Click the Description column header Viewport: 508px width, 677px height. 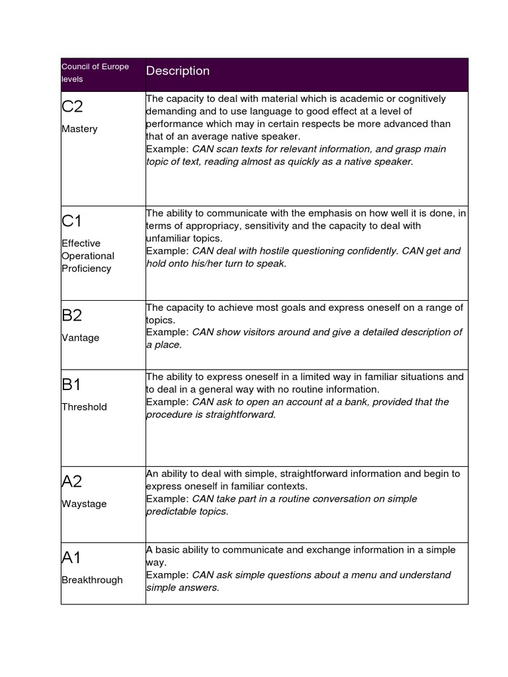(177, 71)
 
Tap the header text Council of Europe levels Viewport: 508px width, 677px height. (95, 73)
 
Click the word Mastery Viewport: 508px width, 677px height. (79, 129)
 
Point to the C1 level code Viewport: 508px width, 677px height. (72, 221)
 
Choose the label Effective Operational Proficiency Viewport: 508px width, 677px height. (87, 256)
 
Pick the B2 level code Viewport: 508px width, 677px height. (72, 315)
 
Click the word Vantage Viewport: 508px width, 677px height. (80, 338)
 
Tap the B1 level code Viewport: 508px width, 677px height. (72, 385)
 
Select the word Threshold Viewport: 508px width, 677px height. (84, 407)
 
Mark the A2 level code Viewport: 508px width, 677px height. (72, 481)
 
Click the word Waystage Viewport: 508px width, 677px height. (84, 504)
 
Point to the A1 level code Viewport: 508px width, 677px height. (71, 558)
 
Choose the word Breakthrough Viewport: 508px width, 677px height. (92, 580)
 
